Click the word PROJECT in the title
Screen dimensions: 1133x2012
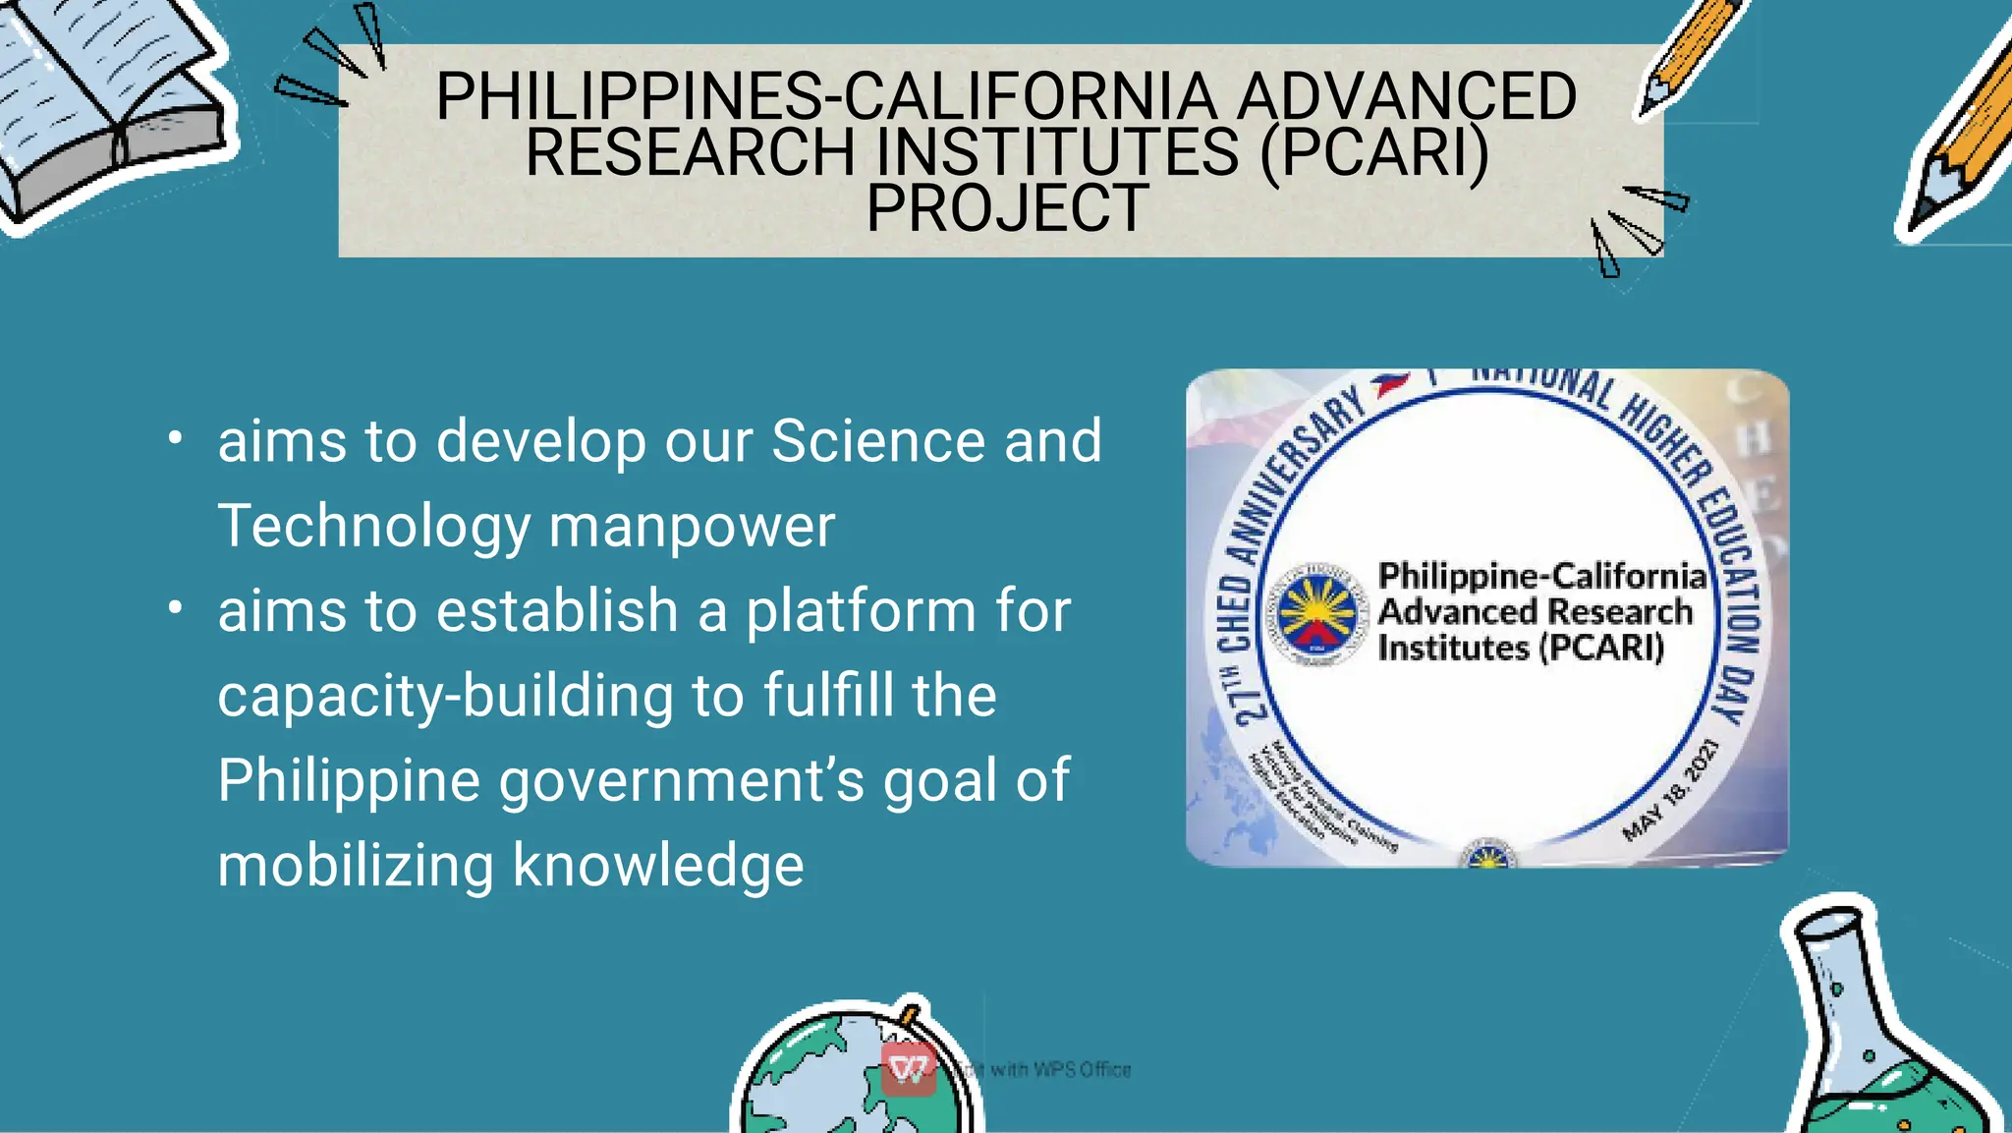(x=1007, y=208)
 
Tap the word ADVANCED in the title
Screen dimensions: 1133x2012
(x=1406, y=96)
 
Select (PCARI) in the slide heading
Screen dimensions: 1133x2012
(x=1374, y=152)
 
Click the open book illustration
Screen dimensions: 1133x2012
(x=108, y=108)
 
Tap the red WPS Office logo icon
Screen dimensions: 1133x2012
(x=908, y=1068)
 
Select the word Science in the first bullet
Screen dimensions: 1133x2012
(x=877, y=440)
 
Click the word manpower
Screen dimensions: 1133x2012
(x=692, y=526)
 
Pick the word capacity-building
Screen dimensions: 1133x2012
(x=446, y=696)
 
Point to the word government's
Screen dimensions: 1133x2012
(x=682, y=781)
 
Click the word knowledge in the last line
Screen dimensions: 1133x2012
(x=658, y=866)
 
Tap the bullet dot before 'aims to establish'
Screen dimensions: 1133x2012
(x=175, y=608)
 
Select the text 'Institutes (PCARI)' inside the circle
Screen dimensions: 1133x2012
(x=1521, y=649)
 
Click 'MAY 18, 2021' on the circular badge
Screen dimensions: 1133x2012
(x=1671, y=790)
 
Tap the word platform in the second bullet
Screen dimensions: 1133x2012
(x=861, y=611)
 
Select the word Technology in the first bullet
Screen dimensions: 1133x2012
(x=374, y=526)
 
